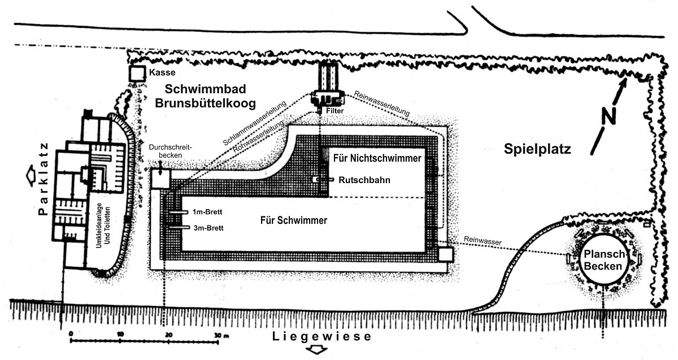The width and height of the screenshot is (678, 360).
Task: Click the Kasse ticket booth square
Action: point(137,73)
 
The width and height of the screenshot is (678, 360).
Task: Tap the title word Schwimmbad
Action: point(205,89)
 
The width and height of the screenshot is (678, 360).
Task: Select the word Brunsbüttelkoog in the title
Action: point(205,103)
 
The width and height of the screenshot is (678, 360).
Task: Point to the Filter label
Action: point(334,111)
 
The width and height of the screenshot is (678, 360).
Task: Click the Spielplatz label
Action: point(537,149)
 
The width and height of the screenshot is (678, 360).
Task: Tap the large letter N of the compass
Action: point(609,116)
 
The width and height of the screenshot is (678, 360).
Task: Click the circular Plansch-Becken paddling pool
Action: point(603,259)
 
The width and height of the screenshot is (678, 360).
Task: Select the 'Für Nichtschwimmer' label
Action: point(377,158)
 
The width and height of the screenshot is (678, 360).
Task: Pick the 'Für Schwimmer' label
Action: point(294,220)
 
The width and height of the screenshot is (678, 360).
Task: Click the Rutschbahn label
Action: point(364,180)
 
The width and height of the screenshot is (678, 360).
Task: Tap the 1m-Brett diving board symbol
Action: point(179,212)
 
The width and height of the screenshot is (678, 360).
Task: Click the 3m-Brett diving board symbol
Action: point(179,227)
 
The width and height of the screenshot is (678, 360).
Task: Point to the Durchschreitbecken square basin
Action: point(160,179)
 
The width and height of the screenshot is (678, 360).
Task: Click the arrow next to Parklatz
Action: point(32,176)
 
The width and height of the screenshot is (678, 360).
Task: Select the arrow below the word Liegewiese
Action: point(316,350)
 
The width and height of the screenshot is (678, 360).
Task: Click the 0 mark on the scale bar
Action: point(71,334)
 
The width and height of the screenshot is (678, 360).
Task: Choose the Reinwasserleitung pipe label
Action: point(382,103)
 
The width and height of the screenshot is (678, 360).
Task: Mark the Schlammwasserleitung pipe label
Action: point(255,123)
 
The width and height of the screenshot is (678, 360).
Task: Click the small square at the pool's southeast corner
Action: point(446,254)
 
